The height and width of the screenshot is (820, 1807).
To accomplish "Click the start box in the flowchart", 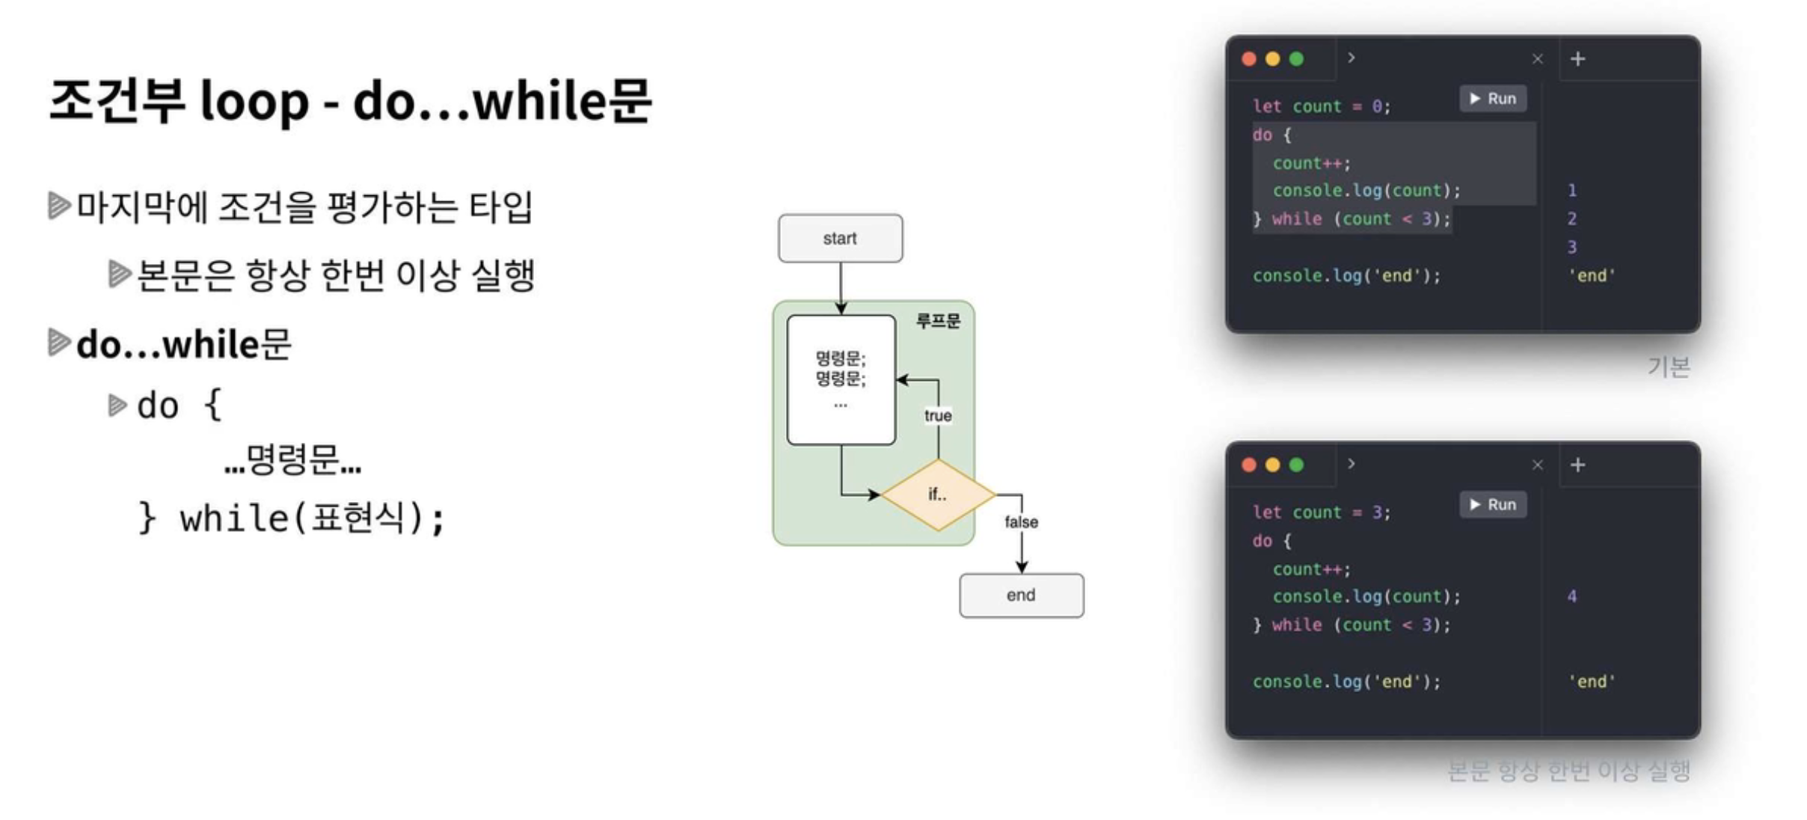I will [840, 238].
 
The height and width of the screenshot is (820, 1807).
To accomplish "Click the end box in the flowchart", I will [1021, 595].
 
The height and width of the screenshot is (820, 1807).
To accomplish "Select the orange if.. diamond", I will [938, 494].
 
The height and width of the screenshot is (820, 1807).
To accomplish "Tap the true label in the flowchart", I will [938, 415].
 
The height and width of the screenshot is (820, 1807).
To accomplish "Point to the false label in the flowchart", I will [1021, 521].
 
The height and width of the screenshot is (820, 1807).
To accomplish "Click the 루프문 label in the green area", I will [938, 321].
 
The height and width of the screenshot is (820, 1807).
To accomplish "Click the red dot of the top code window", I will [1249, 59].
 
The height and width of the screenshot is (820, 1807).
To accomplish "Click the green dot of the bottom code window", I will [1297, 465].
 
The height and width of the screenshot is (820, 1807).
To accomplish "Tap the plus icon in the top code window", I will [1578, 59].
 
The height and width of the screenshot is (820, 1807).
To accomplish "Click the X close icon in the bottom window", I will [1537, 465].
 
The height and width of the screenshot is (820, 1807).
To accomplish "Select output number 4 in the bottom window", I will [1572, 596].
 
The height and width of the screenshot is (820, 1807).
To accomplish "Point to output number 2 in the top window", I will [1572, 218].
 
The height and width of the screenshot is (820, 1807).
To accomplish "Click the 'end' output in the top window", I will [1592, 275].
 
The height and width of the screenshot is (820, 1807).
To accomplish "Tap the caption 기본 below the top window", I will [1669, 367].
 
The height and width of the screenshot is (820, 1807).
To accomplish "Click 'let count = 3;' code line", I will [1322, 512].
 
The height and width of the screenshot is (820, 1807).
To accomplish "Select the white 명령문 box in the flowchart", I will [841, 380].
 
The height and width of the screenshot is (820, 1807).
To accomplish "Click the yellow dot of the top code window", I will [1273, 59].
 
